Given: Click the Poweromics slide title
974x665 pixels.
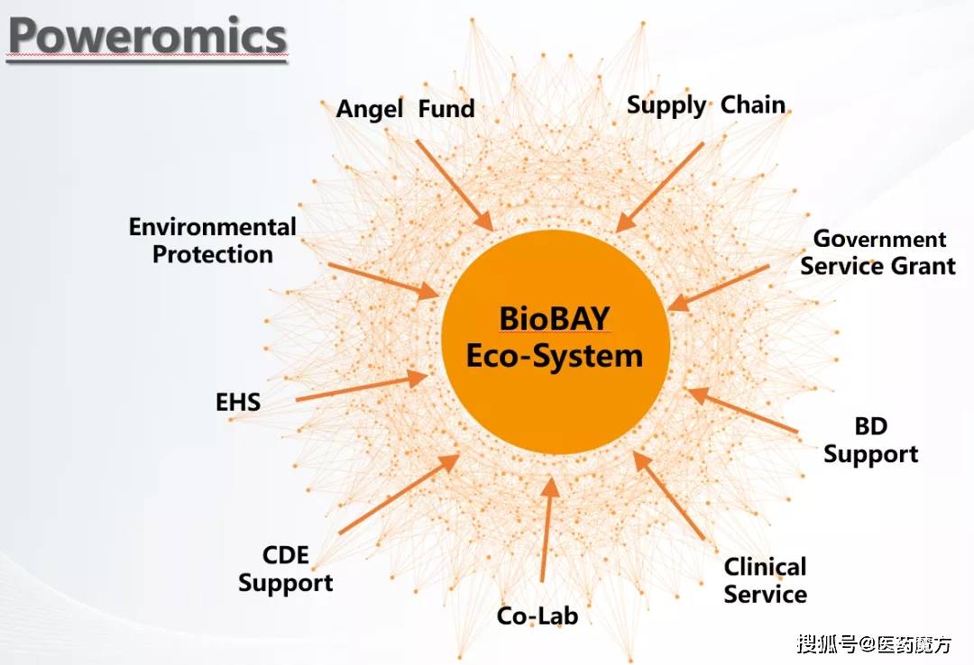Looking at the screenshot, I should click(x=147, y=37).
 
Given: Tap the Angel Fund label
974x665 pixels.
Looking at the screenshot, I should click(x=405, y=110).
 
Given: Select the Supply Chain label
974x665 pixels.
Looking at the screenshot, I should click(x=706, y=105).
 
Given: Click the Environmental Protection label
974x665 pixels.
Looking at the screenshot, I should click(x=212, y=241).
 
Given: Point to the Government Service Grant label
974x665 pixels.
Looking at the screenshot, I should click(x=878, y=253).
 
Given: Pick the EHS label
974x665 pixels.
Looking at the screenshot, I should click(x=238, y=402).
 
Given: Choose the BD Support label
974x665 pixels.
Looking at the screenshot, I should click(x=871, y=441).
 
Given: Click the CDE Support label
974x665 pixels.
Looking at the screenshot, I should click(x=285, y=569).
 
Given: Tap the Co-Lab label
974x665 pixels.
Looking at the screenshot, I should click(x=538, y=616).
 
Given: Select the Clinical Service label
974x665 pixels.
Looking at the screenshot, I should click(x=765, y=581).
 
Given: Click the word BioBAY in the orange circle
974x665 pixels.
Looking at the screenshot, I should click(x=555, y=320).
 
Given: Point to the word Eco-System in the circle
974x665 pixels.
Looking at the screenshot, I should click(x=555, y=356).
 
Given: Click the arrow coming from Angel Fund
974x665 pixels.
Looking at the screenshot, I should click(x=454, y=185).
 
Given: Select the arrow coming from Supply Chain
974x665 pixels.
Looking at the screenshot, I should click(x=660, y=187).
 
